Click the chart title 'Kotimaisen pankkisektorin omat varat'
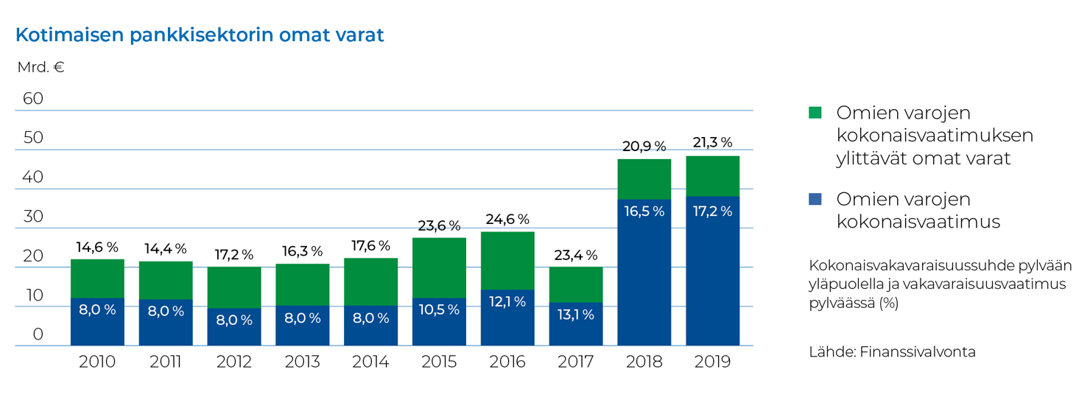coord(200,35)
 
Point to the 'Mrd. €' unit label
coord(41,68)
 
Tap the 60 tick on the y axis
coord(33,99)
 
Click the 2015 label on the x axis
coord(439,362)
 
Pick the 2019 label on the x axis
coord(712,362)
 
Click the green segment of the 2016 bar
coord(507,260)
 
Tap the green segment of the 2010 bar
coord(97,278)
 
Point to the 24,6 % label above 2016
coord(507,220)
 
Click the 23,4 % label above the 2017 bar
coord(576,255)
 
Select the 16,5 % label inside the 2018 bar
coord(644,211)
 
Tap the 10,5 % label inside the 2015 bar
coord(439,310)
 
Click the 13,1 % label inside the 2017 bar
coord(576,315)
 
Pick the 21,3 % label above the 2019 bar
coord(712,143)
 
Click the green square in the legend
coord(815,113)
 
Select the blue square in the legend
coord(815,199)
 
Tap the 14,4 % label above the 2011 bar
coord(166,249)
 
